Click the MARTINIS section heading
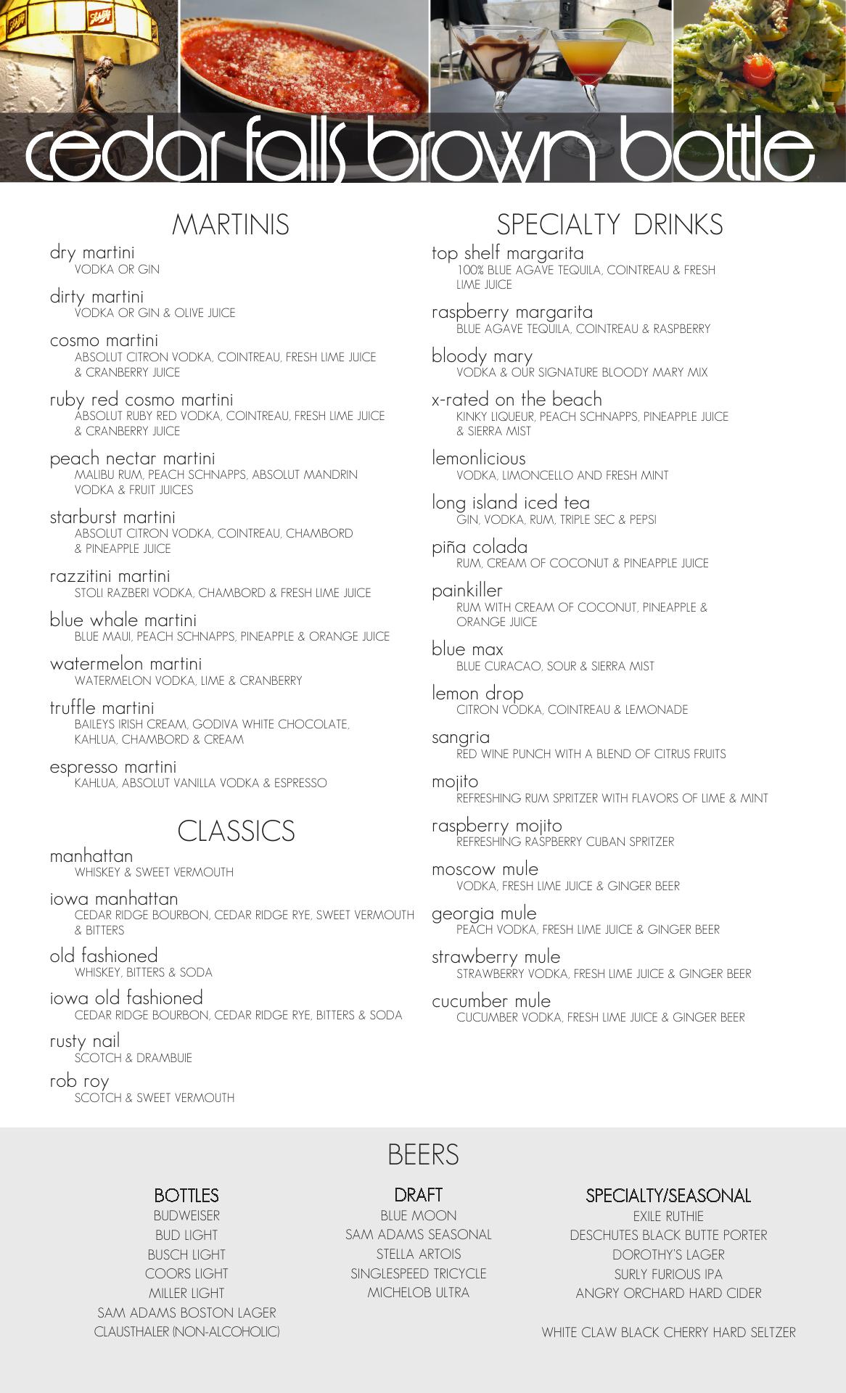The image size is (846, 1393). [x=231, y=225]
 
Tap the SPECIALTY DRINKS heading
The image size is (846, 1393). [x=609, y=225]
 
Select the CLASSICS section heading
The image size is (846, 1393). [x=236, y=831]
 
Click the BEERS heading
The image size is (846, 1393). [x=423, y=1155]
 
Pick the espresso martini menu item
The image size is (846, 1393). [x=113, y=767]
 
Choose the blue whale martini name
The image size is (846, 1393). [x=123, y=620]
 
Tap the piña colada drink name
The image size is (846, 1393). [x=480, y=547]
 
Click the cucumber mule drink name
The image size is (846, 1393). [x=491, y=1001]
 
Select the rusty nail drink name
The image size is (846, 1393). [x=85, y=1041]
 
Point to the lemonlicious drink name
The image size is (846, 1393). [x=479, y=459]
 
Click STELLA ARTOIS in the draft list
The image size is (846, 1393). [x=419, y=1254]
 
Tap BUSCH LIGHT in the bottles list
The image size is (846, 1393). [x=186, y=1254]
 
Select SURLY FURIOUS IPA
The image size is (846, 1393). [x=668, y=1274]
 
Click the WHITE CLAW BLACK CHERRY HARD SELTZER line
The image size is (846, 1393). [x=668, y=1332]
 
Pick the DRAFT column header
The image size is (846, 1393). [x=419, y=1195]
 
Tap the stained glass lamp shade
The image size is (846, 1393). [x=80, y=29]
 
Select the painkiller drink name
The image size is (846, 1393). [x=467, y=591]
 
